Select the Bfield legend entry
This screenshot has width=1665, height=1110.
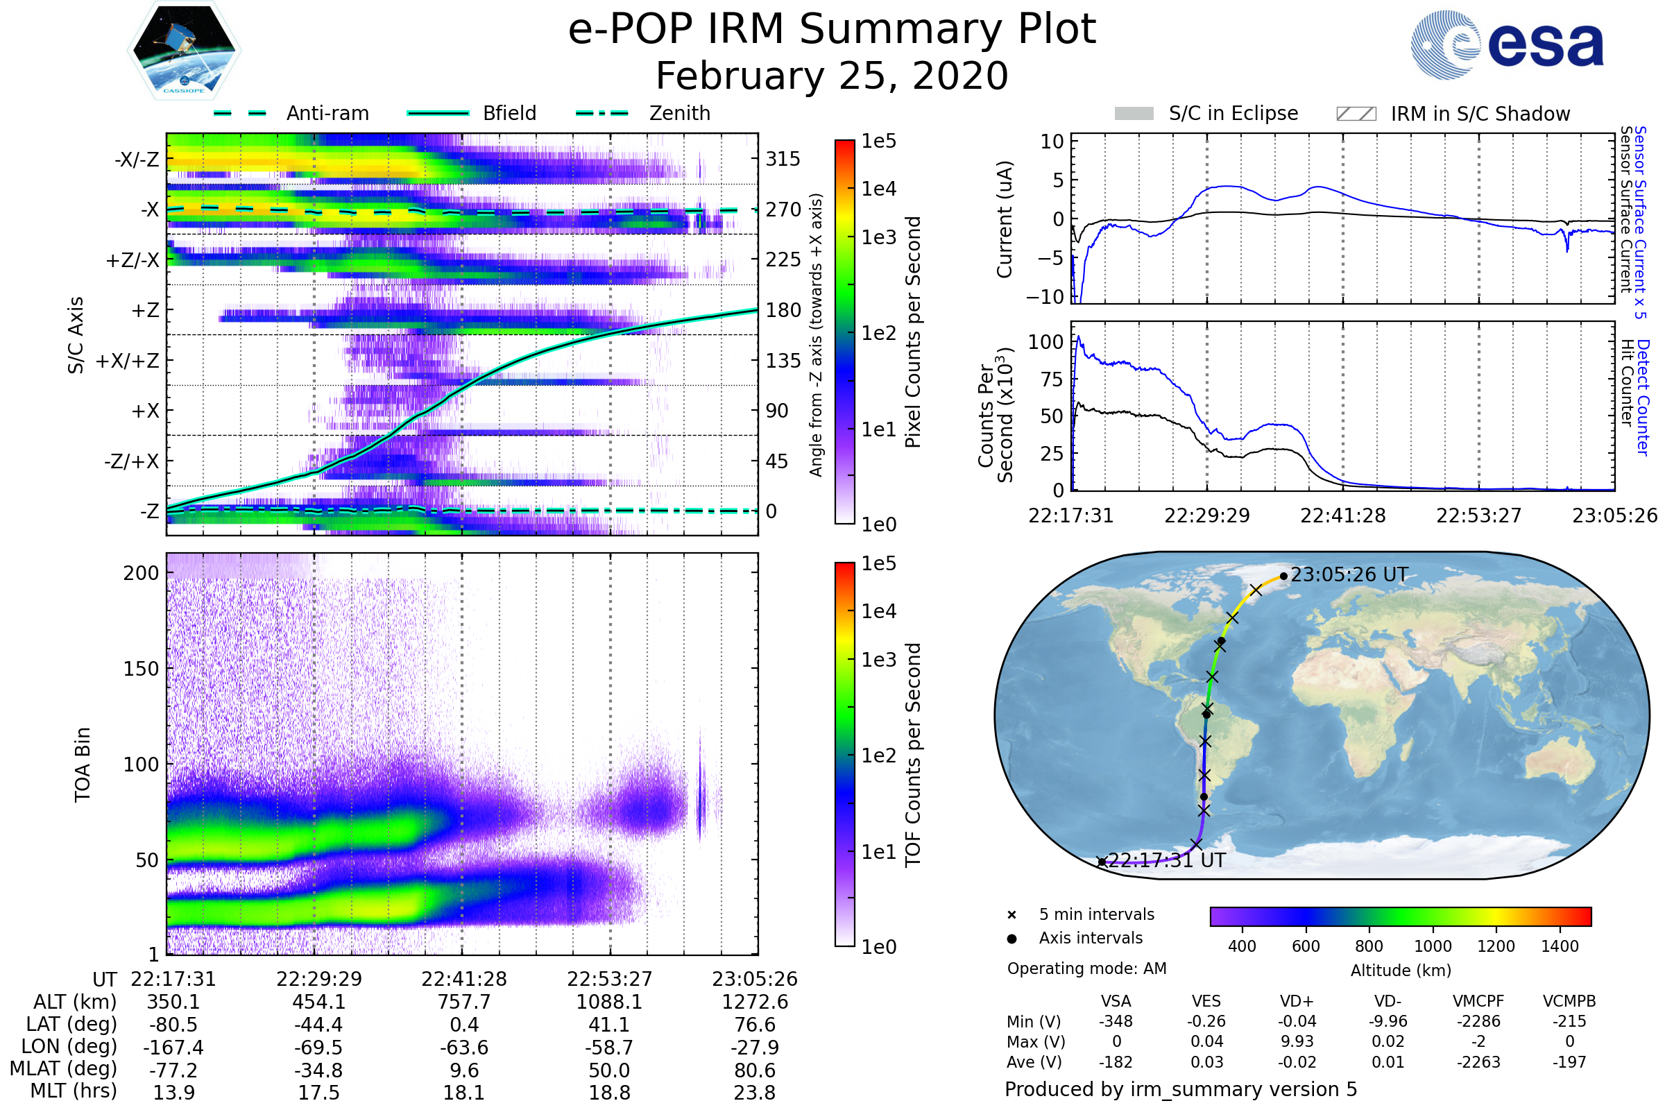pos(509,113)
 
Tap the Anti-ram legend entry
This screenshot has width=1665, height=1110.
pos(327,113)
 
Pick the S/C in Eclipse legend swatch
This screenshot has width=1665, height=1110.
pos(1134,114)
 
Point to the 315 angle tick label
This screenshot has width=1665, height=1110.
pos(783,159)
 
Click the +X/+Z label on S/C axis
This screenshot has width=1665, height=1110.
pos(128,361)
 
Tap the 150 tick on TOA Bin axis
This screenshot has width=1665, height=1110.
pos(141,669)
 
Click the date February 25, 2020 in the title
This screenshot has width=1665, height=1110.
pos(832,76)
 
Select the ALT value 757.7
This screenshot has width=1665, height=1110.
pos(463,1002)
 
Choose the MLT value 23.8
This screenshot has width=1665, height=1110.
pos(755,1092)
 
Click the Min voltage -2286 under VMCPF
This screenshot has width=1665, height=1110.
pos(1478,1021)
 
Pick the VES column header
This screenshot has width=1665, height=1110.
pos(1206,1001)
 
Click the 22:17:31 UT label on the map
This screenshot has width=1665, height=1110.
pos(1167,860)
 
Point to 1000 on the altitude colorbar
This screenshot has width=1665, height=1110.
pos(1433,946)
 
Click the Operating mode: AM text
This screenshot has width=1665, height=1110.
pos(1086,968)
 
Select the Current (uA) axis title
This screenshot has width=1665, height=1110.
pos(1005,219)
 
